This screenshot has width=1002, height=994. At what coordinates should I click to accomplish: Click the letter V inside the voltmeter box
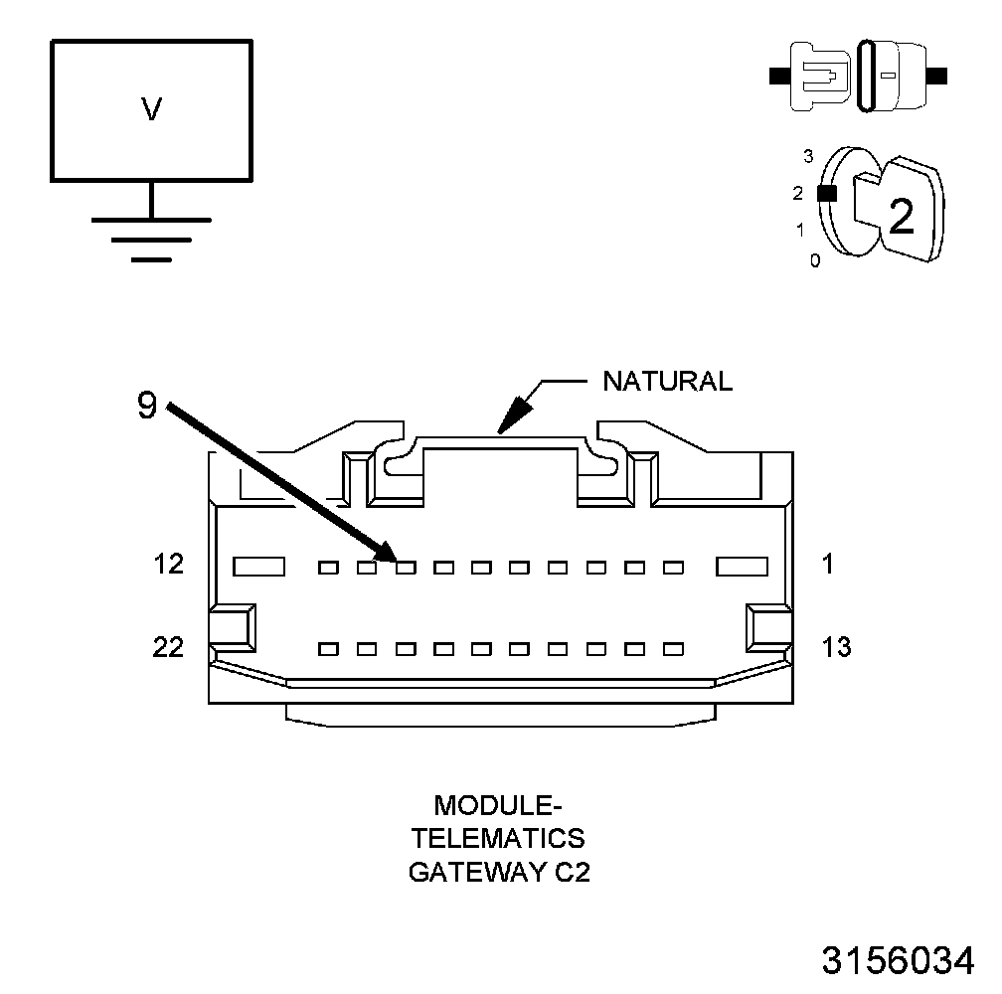point(151,109)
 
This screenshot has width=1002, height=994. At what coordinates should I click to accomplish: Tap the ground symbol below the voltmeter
point(151,239)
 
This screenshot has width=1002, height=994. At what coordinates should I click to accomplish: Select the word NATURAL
point(668,381)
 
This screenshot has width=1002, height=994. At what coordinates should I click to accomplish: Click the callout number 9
point(147,407)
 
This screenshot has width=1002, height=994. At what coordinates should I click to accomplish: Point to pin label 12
point(169,565)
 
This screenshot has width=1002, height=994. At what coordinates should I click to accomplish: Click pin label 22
point(169,647)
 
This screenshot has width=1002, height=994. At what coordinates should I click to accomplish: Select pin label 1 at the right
point(828,565)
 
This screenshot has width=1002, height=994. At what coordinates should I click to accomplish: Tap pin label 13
point(837,647)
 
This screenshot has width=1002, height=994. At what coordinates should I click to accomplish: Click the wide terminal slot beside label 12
point(259,567)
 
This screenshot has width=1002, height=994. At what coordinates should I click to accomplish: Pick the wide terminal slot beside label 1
point(743,567)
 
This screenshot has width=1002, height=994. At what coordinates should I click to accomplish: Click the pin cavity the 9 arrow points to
point(406,568)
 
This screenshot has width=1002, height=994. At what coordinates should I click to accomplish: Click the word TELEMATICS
point(499,838)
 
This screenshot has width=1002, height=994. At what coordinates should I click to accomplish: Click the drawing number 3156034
point(898,961)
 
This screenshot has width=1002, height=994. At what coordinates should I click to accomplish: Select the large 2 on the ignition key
point(901,217)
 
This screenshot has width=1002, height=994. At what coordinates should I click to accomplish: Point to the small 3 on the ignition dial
point(808,156)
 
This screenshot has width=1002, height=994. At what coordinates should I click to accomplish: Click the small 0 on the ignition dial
point(815,261)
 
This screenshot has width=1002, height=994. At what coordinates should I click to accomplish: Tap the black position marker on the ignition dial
point(824,194)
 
